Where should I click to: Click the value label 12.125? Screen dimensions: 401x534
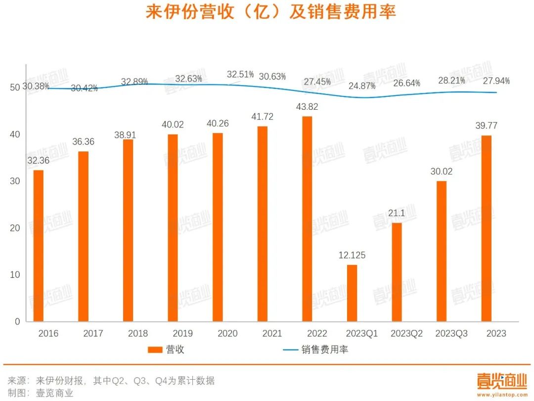coord(352,256)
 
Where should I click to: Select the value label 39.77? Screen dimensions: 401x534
coord(487,126)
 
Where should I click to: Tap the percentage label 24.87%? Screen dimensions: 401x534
coord(361,86)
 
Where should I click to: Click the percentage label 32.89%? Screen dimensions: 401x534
coord(134,82)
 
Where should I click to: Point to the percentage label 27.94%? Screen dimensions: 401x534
coord(496,81)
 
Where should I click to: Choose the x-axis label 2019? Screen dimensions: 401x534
coord(182,334)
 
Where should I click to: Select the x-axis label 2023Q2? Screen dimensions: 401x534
coord(406,334)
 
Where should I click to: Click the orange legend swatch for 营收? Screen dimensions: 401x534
coord(155,350)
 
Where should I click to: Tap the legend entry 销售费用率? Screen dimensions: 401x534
coord(325,350)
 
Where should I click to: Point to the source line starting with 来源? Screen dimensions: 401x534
coord(111,381)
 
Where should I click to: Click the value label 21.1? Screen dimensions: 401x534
coord(397,214)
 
